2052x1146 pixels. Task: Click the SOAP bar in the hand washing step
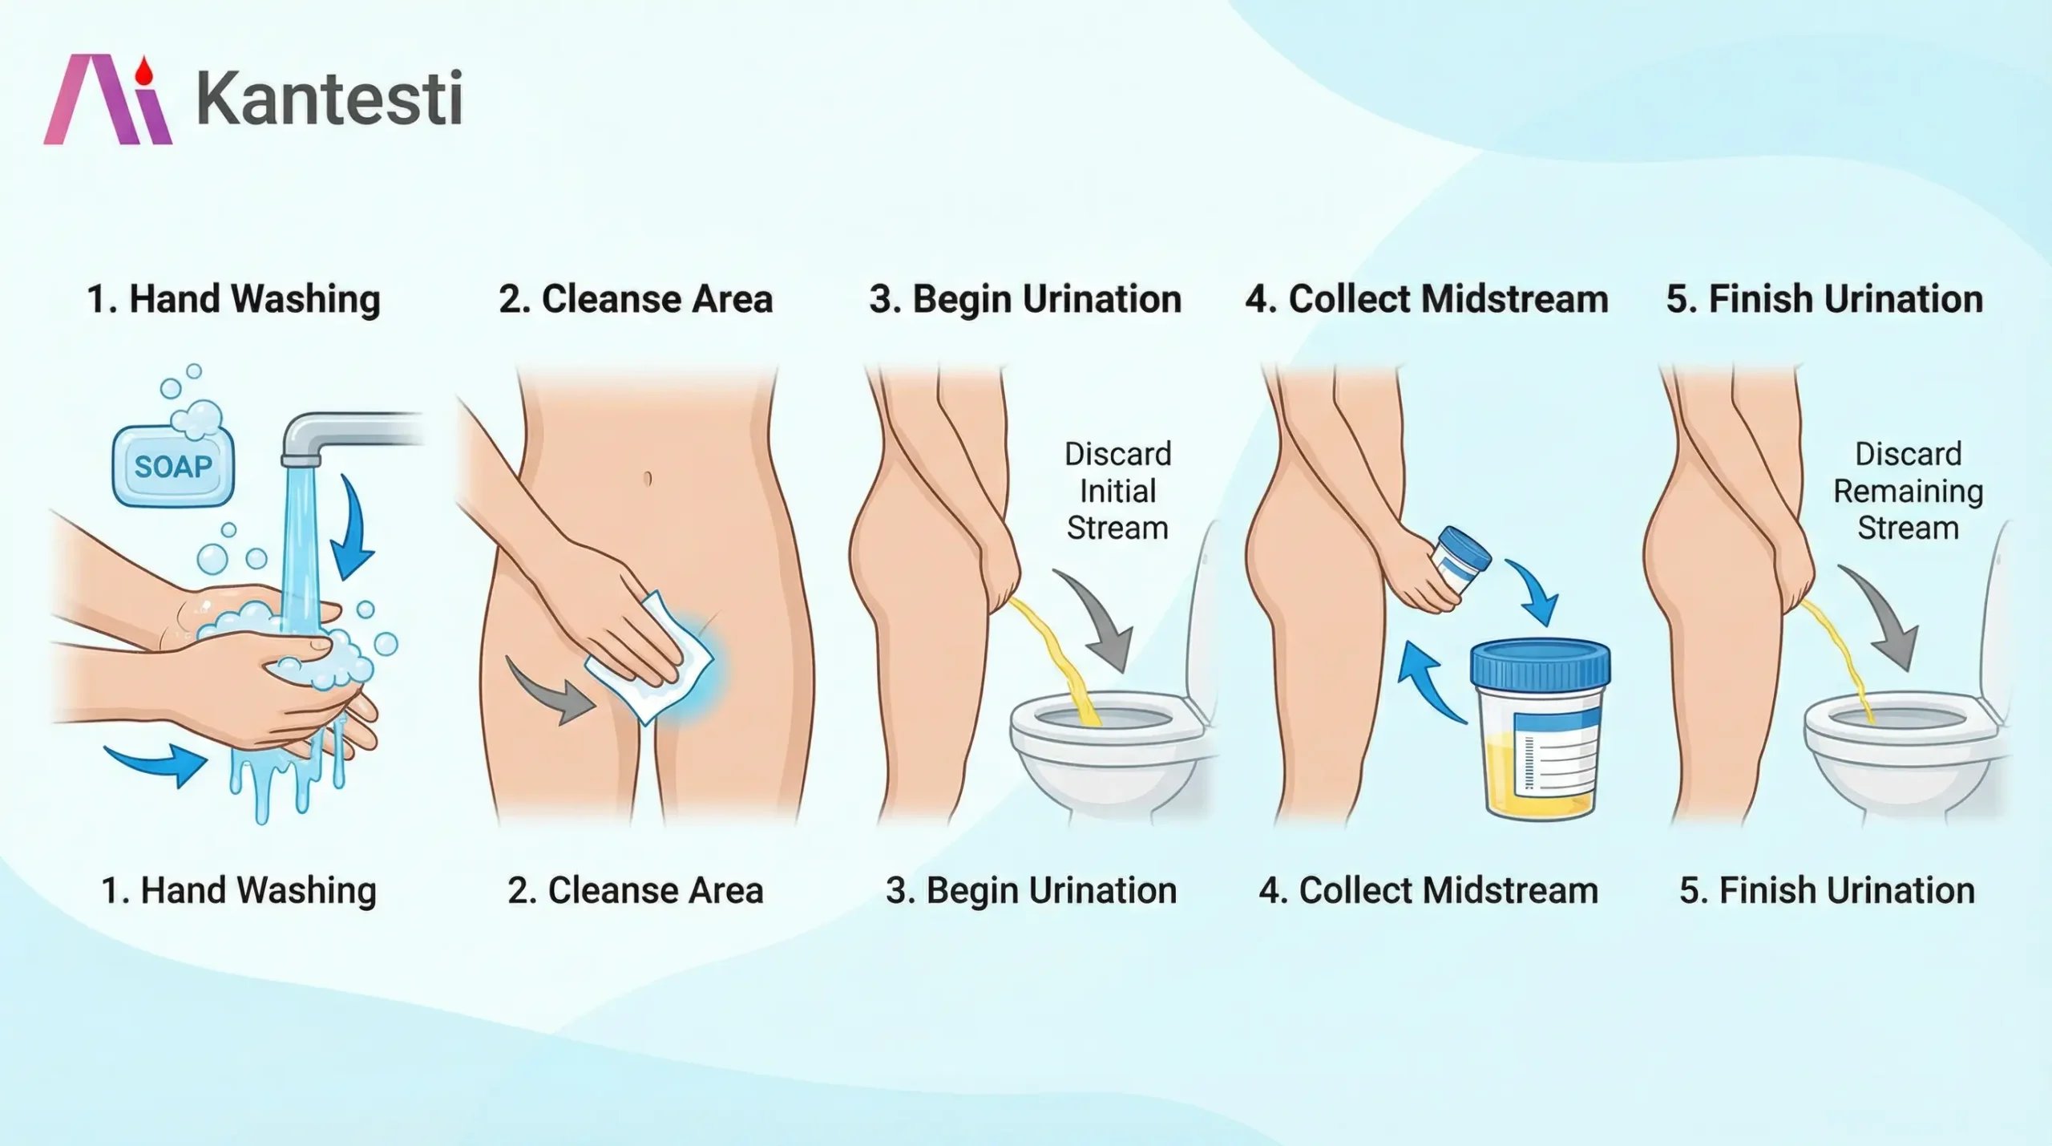coord(173,466)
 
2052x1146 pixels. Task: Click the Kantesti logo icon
coord(107,99)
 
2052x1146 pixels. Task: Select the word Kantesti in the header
coord(329,98)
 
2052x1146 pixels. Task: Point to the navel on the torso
coord(648,479)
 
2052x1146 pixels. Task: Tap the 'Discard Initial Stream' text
coord(1117,491)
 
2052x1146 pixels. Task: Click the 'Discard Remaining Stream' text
coord(1908,491)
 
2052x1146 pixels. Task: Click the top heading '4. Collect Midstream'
coord(1427,299)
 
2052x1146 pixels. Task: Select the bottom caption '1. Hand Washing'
coord(239,891)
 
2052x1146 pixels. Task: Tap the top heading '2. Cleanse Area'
coord(636,299)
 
